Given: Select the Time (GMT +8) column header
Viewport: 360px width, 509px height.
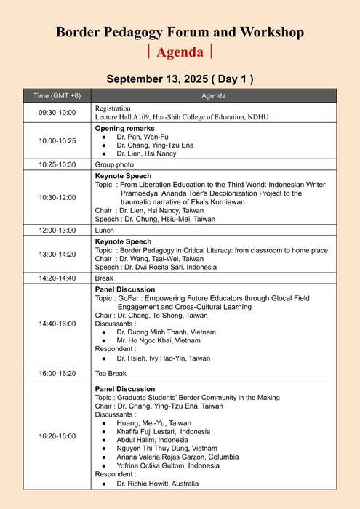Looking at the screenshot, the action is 57,96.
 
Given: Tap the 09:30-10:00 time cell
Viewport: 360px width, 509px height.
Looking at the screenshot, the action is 57,113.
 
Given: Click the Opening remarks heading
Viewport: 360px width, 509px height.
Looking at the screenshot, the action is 122,128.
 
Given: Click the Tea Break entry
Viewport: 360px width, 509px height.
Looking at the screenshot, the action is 111,374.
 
